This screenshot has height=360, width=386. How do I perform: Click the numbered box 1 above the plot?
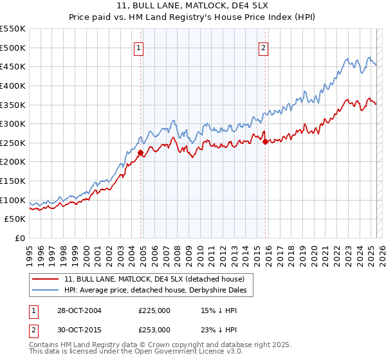point(140,47)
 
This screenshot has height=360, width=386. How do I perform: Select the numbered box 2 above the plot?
point(264,47)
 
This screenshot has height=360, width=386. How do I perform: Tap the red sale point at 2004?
point(140,152)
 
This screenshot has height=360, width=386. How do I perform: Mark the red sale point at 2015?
point(265,141)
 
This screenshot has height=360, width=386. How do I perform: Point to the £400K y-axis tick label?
point(14,85)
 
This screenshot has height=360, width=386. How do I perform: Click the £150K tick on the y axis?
point(14,181)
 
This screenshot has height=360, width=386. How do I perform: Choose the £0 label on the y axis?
point(19,239)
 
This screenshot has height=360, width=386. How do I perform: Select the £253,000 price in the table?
point(154,329)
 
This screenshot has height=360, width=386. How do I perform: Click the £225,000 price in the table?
point(154,310)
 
